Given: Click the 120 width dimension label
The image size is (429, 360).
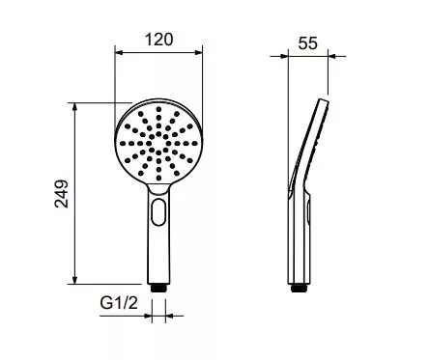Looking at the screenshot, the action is pos(158,40).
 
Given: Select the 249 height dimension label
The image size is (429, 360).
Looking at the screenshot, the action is pos(62,194).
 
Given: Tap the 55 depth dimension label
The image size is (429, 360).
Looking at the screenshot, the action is pos(307,43).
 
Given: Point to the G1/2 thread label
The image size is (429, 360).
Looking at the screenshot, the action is pos(119,303).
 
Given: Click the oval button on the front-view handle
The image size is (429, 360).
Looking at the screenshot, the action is pos(158,211).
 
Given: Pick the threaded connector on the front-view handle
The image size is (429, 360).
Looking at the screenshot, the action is pos(158,288).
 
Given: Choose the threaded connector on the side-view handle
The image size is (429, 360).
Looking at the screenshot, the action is pos(299,288).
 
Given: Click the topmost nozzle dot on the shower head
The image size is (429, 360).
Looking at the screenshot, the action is pos(158,109).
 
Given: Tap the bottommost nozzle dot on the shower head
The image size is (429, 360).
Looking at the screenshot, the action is pos(158,178).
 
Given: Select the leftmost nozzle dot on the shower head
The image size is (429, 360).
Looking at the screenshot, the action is pos(123,144).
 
